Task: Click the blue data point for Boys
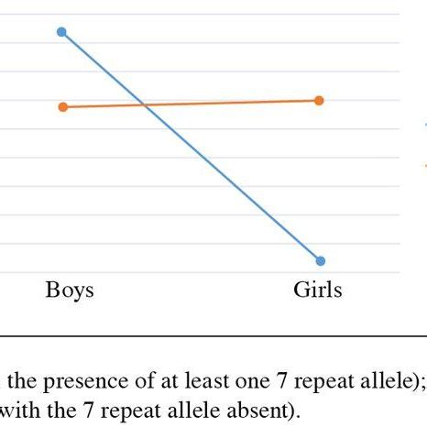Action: [x=61, y=32]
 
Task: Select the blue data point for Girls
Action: [x=320, y=260]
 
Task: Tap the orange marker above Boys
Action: [x=62, y=107]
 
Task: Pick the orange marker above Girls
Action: [x=320, y=100]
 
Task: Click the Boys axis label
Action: [x=70, y=290]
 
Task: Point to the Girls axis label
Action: [x=317, y=290]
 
